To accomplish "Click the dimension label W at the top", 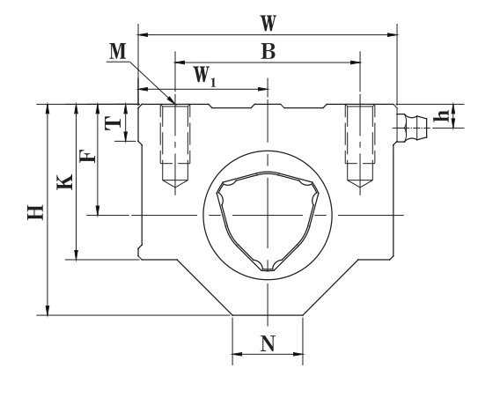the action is coord(268,23).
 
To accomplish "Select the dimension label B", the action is coord(268,51).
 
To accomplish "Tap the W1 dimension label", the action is coord(205,76).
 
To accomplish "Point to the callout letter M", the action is coord(118,51).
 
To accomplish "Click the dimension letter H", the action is coord(35,212).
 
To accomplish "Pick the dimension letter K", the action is coord(64,181).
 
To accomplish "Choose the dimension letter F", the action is coord(88,156).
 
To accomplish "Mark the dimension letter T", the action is coord(113,123).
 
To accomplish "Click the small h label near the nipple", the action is coord(441,115).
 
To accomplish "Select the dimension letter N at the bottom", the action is coord(268,343).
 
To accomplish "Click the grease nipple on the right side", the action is coord(412,128).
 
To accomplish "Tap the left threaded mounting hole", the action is coord(175,146).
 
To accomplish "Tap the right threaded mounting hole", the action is coord(360,146).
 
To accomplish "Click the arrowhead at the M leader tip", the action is coord(171,100).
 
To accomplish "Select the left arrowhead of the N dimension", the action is coord(237,354).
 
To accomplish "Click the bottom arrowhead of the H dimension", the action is coord(48,310).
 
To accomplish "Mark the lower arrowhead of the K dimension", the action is coord(77,254).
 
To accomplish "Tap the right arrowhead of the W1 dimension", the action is coord(263,89).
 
